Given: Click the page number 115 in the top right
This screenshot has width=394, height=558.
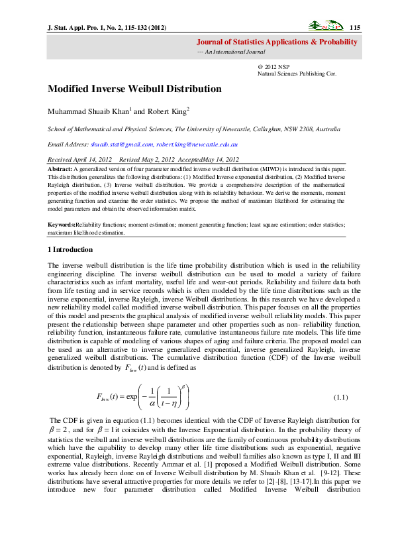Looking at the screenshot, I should click(354, 27).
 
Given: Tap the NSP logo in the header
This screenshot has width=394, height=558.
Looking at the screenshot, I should click(326, 27).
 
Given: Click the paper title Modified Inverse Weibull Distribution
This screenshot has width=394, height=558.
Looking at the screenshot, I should click(134, 89).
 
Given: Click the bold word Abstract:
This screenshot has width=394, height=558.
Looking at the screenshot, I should click(60, 170).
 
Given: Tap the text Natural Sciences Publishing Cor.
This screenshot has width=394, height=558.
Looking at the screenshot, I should click(296, 74).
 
